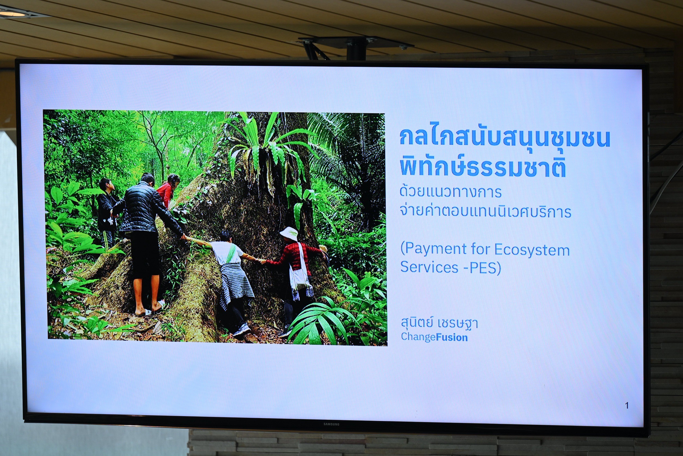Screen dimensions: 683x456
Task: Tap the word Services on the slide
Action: (429, 267)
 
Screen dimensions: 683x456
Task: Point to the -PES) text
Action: (482, 268)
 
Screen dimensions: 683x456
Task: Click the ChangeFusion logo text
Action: (434, 337)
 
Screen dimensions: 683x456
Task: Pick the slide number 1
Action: (627, 405)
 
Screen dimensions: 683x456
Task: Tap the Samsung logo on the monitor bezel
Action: (331, 424)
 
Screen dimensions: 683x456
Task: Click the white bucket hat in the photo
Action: (289, 232)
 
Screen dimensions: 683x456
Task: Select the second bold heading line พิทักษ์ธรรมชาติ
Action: (483, 167)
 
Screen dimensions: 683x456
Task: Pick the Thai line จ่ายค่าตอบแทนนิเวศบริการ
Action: (485, 211)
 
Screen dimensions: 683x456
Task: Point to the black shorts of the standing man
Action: (145, 253)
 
